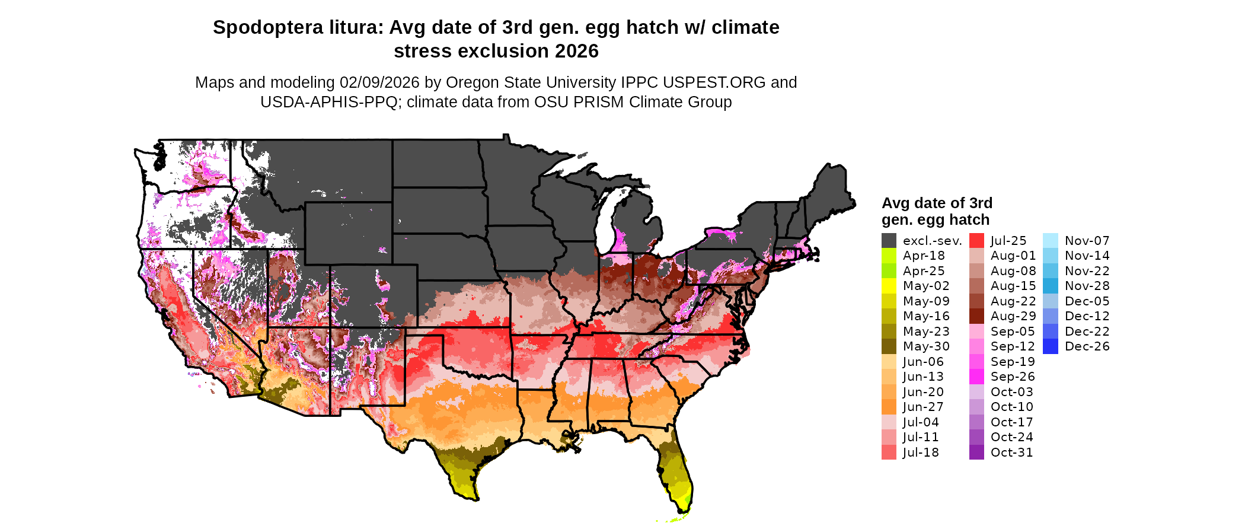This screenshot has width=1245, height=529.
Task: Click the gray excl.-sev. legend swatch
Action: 889,241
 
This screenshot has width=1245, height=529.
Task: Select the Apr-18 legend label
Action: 924,256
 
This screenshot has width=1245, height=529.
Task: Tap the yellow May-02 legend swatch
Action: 889,286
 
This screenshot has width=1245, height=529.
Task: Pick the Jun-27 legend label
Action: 923,407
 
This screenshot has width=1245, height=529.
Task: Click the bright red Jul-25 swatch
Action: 976,241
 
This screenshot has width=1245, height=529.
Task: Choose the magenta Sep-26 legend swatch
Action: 976,377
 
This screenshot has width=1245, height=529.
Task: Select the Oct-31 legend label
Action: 1011,452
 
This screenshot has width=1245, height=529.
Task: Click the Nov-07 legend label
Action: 1087,241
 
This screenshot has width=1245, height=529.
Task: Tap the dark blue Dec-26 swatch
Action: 1050,346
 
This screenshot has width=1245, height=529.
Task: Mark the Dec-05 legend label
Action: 1087,301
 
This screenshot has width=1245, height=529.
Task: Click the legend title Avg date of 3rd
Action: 937,203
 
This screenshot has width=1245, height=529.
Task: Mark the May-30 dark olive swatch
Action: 889,346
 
